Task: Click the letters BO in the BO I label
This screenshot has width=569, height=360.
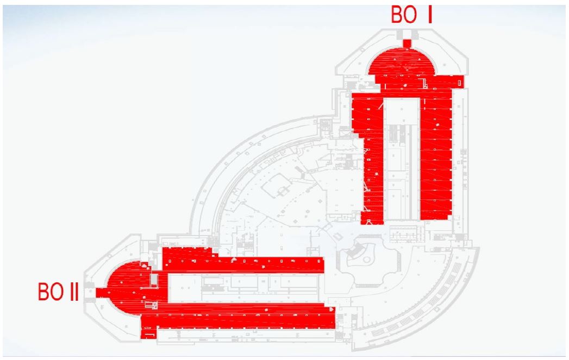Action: point(404,15)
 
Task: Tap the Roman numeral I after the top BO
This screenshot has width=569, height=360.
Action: point(430,15)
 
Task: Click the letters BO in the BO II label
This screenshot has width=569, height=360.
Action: point(51,292)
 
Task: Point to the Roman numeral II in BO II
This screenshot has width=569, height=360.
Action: point(74,292)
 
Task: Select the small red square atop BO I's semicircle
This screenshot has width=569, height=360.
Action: point(407,43)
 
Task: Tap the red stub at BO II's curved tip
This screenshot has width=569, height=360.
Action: point(101,293)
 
